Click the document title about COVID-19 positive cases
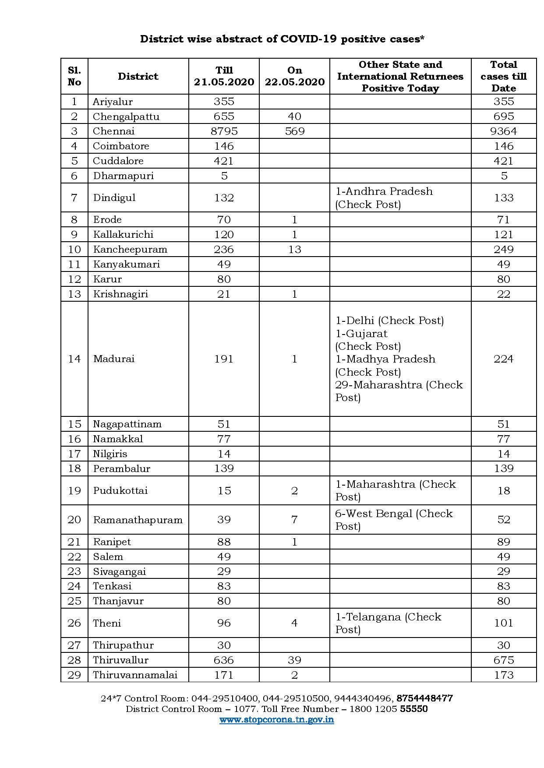(x=282, y=39)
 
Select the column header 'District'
(x=138, y=76)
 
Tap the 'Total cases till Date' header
(x=504, y=76)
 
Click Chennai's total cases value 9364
(x=504, y=131)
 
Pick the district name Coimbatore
(x=121, y=146)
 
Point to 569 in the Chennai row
(x=294, y=131)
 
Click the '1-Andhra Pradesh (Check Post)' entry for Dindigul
(x=384, y=197)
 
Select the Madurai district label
(x=113, y=359)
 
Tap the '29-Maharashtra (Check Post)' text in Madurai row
(x=399, y=391)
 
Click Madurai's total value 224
(x=504, y=359)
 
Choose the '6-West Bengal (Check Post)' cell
(x=393, y=519)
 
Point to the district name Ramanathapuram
(x=138, y=520)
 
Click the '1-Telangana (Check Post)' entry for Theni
(x=388, y=623)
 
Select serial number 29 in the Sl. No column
(x=74, y=675)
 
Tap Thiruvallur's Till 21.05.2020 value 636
(x=224, y=660)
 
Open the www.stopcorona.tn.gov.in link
(x=276, y=719)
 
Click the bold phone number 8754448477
(x=424, y=698)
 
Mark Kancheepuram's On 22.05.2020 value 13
(x=294, y=249)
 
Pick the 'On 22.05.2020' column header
(x=294, y=76)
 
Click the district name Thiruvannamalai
(x=135, y=675)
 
